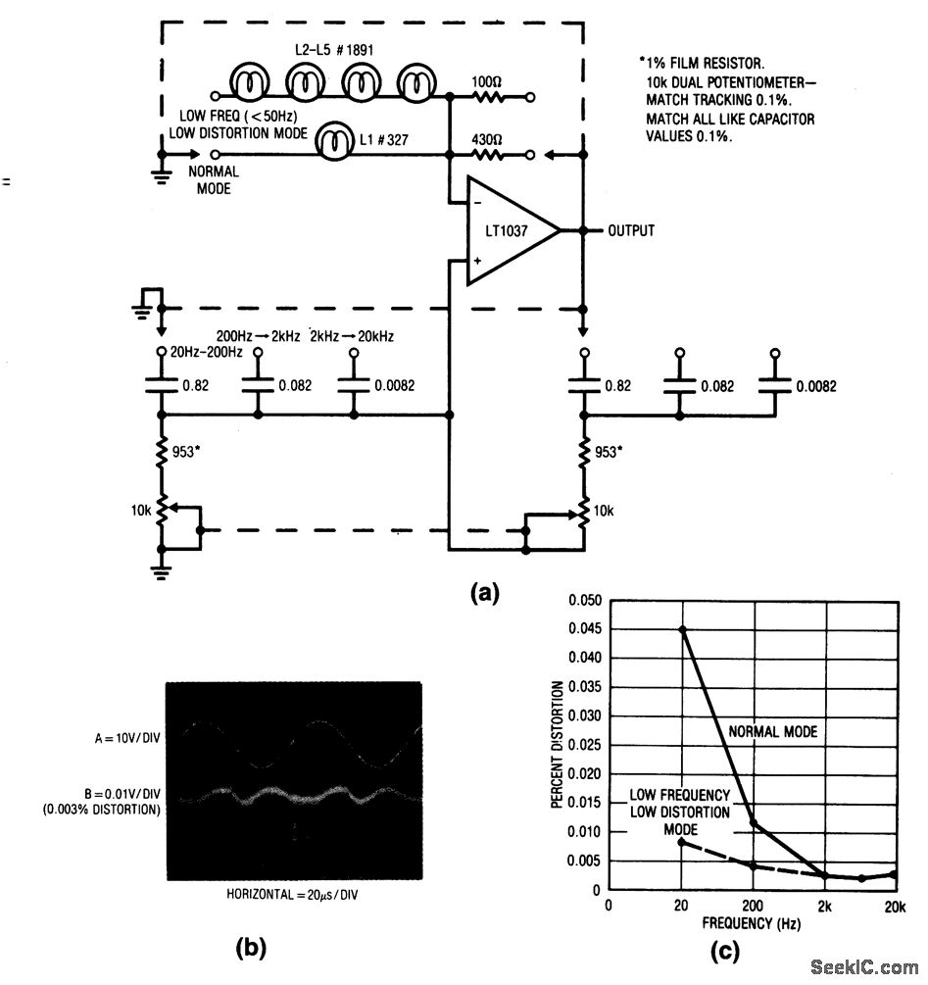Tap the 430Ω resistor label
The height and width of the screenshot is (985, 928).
click(x=488, y=137)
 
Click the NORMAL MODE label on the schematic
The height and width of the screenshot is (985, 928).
click(x=213, y=179)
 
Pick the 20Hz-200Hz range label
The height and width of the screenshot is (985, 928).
click(x=207, y=352)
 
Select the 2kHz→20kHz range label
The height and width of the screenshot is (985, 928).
click(x=352, y=335)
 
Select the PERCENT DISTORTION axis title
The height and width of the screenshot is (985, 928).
click(x=558, y=744)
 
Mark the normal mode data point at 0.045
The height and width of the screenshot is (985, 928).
click(x=683, y=629)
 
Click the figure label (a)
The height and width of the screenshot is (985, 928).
click(x=485, y=592)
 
